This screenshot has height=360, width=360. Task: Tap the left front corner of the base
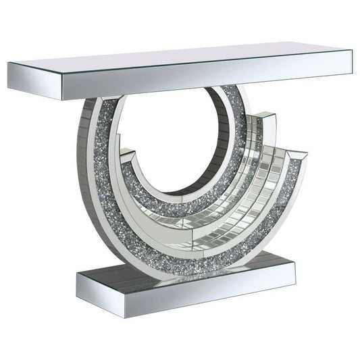[x=77, y=277]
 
